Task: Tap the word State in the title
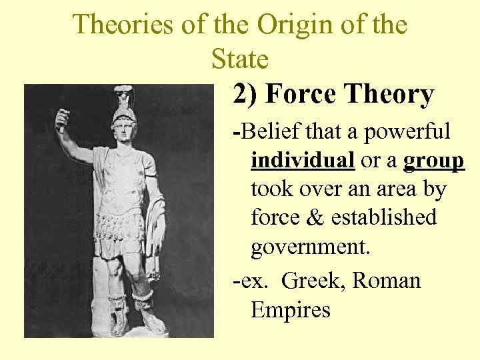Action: (x=239, y=59)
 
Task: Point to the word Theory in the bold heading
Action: (x=389, y=95)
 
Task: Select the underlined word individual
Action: (x=303, y=160)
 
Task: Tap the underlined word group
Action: (x=433, y=160)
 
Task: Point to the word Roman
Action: (x=387, y=281)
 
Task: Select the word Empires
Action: (x=290, y=309)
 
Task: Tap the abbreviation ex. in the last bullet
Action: (x=253, y=281)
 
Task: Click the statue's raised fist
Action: (x=62, y=119)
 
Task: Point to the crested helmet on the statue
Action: (x=124, y=107)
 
